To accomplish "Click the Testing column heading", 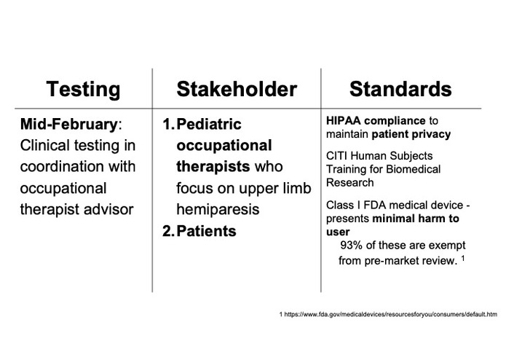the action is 83,90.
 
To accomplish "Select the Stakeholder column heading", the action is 237,89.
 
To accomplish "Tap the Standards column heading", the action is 400,89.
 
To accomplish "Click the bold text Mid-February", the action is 68,125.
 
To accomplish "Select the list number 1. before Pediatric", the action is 168,125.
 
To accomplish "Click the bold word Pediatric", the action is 209,125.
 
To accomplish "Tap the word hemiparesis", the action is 218,210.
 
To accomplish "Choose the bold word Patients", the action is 206,231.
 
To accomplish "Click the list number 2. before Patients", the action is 168,231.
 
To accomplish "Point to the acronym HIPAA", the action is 344,121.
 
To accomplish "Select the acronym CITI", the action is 336,156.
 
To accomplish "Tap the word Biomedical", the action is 413,169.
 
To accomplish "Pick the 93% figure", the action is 351,246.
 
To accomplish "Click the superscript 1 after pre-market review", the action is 463,258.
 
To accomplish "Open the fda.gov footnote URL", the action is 388,314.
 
